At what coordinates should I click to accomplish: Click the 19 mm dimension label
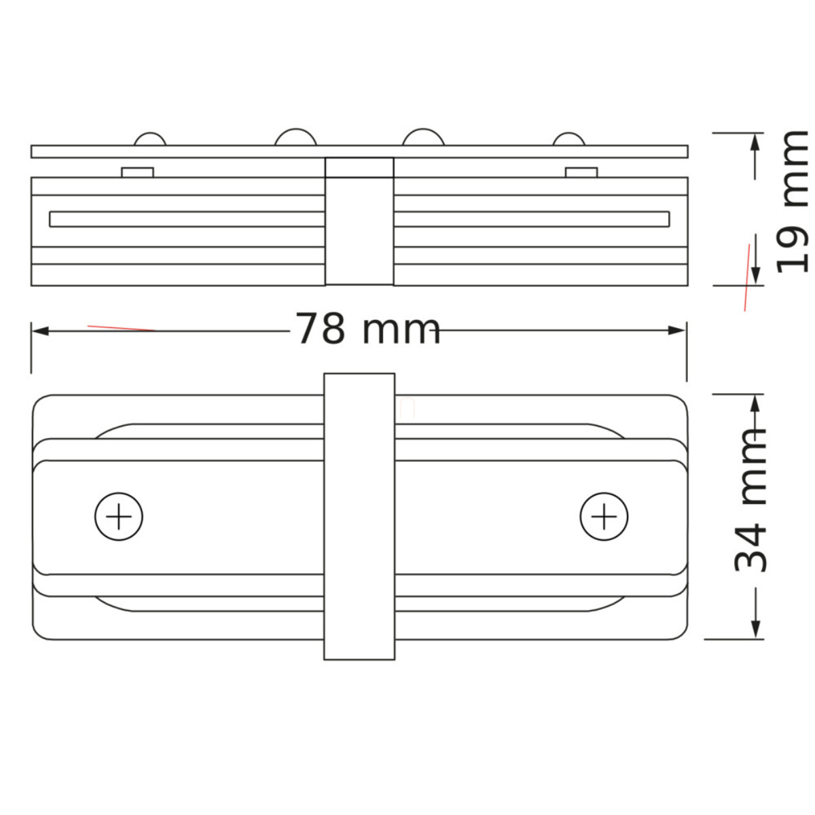tap(792, 202)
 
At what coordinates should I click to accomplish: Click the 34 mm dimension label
tap(749, 501)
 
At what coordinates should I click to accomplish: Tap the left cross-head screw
tap(119, 516)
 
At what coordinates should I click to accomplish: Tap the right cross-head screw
tap(604, 516)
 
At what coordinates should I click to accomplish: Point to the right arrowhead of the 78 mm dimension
tap(676, 331)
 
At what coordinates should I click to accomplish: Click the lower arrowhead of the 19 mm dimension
tap(756, 276)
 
